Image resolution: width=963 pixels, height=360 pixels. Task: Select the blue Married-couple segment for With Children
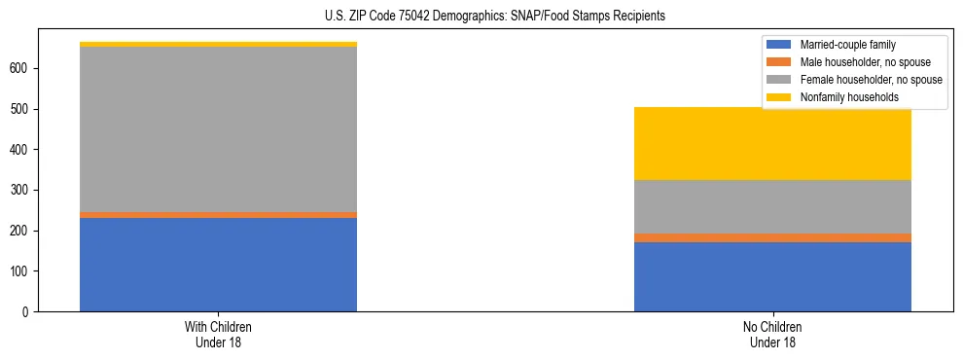[218, 265]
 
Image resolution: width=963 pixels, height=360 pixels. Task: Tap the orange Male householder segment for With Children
[218, 215]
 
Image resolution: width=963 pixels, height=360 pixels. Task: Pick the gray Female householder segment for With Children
[218, 129]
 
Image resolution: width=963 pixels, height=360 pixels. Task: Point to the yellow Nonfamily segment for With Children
[218, 44]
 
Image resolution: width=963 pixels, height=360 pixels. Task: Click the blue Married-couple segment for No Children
[772, 276]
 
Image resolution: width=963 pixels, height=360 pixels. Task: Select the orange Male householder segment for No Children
[772, 237]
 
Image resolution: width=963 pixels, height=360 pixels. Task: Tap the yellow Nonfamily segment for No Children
[772, 144]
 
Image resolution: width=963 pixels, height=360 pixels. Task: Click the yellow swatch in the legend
[779, 97]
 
